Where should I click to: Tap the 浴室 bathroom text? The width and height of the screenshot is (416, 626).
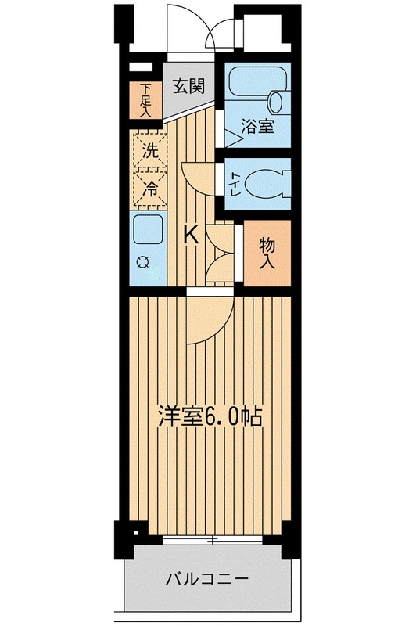(x=257, y=126)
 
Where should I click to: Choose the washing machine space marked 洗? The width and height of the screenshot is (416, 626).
(x=149, y=149)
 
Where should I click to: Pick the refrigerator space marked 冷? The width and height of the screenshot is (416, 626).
(x=149, y=187)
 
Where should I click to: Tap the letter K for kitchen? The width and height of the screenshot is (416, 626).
(x=190, y=234)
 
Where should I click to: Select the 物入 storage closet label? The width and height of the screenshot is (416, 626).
(x=267, y=253)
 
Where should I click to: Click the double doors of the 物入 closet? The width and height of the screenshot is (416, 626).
(x=221, y=253)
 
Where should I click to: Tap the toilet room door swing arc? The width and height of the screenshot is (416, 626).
(x=198, y=177)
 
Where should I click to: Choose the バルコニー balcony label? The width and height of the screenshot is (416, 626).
(x=207, y=580)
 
